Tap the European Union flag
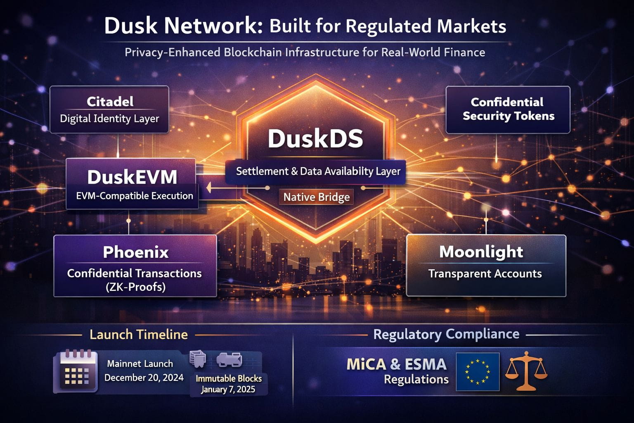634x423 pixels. coord(478,372)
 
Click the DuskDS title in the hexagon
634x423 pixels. coord(315,139)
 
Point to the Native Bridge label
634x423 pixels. coord(317,197)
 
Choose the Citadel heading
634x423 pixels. coord(110,102)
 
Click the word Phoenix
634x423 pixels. coord(135,252)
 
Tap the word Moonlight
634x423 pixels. coord(481,252)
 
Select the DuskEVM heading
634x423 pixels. coord(132,177)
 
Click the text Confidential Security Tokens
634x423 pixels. coord(508,109)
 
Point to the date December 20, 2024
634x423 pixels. coord(144,378)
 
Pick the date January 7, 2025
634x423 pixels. coord(228,389)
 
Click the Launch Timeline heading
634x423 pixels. coord(138,334)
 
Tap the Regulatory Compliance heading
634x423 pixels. coord(446,334)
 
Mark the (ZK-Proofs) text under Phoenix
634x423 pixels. coord(135,287)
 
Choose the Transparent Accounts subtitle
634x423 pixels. coord(485,273)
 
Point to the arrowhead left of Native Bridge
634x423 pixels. coord(209,188)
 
